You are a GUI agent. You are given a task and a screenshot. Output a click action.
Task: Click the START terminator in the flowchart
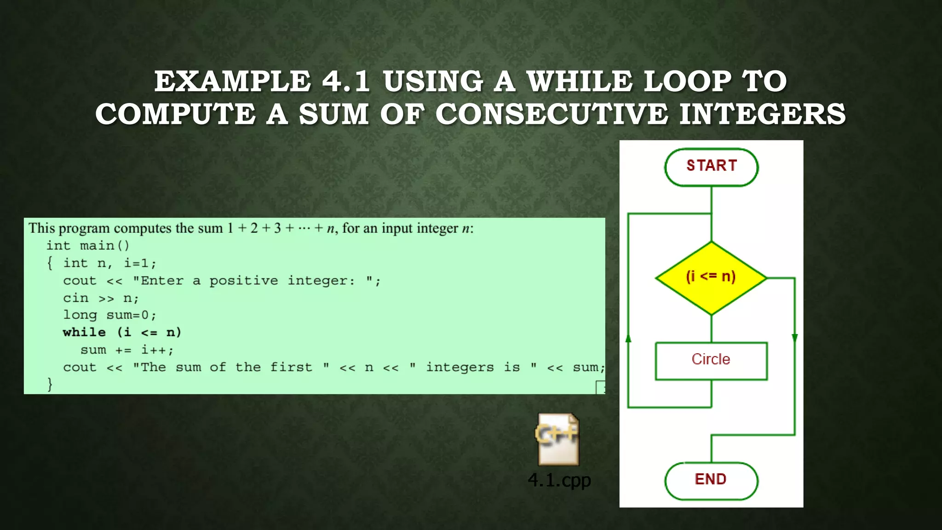[711, 167]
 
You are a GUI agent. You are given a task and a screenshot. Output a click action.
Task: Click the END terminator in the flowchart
[711, 480]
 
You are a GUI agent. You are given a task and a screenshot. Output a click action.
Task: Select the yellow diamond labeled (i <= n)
[711, 278]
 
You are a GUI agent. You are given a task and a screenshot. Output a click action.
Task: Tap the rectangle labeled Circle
[711, 360]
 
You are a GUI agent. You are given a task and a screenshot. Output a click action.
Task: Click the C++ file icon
[558, 439]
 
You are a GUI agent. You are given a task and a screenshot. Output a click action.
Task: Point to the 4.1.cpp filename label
[559, 480]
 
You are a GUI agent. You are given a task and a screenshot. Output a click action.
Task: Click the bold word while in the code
[84, 333]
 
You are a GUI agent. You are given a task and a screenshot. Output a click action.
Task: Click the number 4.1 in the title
[346, 81]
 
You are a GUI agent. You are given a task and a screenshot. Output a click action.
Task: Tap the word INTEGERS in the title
[762, 115]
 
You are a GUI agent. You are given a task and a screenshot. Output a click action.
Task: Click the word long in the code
[80, 315]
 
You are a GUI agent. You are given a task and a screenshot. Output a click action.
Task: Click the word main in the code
[97, 246]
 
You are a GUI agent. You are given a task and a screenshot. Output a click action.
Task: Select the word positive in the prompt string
[244, 281]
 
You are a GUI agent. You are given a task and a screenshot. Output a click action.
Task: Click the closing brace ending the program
[50, 384]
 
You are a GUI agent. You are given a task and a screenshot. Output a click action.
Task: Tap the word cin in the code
[75, 298]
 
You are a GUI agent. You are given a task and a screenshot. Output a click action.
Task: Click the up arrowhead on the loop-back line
[628, 339]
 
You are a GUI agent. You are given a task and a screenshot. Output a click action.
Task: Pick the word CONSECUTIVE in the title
[551, 115]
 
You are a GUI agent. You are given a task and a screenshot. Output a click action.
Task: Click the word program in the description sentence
[84, 228]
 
